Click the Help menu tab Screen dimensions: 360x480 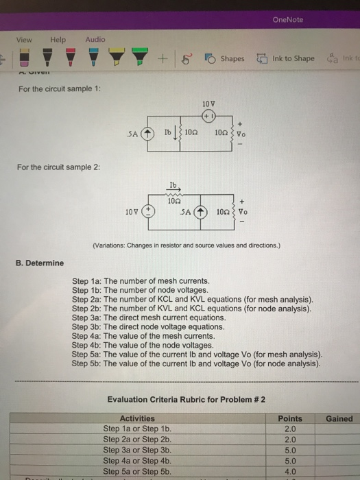click(58, 39)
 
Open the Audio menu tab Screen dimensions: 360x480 click(95, 39)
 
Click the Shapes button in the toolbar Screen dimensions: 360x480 click(226, 58)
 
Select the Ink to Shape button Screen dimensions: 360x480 click(287, 58)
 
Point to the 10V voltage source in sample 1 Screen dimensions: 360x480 click(208, 114)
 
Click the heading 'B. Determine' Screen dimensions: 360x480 click(39, 263)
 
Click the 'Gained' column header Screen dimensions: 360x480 click(339, 418)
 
